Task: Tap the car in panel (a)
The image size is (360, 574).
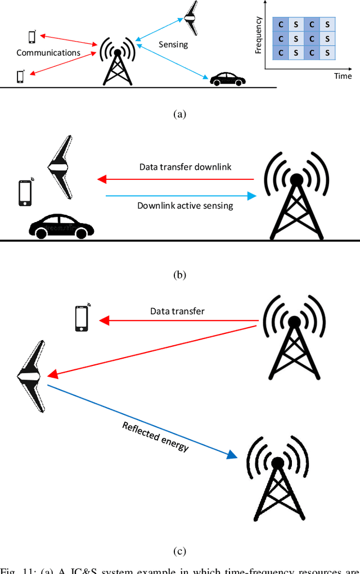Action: pos(228,79)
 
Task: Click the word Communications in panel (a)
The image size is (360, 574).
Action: pos(48,53)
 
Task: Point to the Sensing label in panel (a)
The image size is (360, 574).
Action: pos(174,44)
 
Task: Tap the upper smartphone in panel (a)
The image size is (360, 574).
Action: pos(32,37)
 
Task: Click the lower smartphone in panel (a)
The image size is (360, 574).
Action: pos(21,76)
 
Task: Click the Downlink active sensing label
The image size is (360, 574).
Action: pos(185,206)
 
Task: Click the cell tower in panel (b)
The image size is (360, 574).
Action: pos(296,193)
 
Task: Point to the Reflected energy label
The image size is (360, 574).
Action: pos(155,437)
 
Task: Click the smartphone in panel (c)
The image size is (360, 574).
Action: pos(82,318)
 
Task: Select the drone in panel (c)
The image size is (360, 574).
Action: pos(31,376)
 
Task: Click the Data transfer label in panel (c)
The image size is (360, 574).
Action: pos(177,311)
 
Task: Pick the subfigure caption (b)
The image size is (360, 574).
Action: pos(179,275)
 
